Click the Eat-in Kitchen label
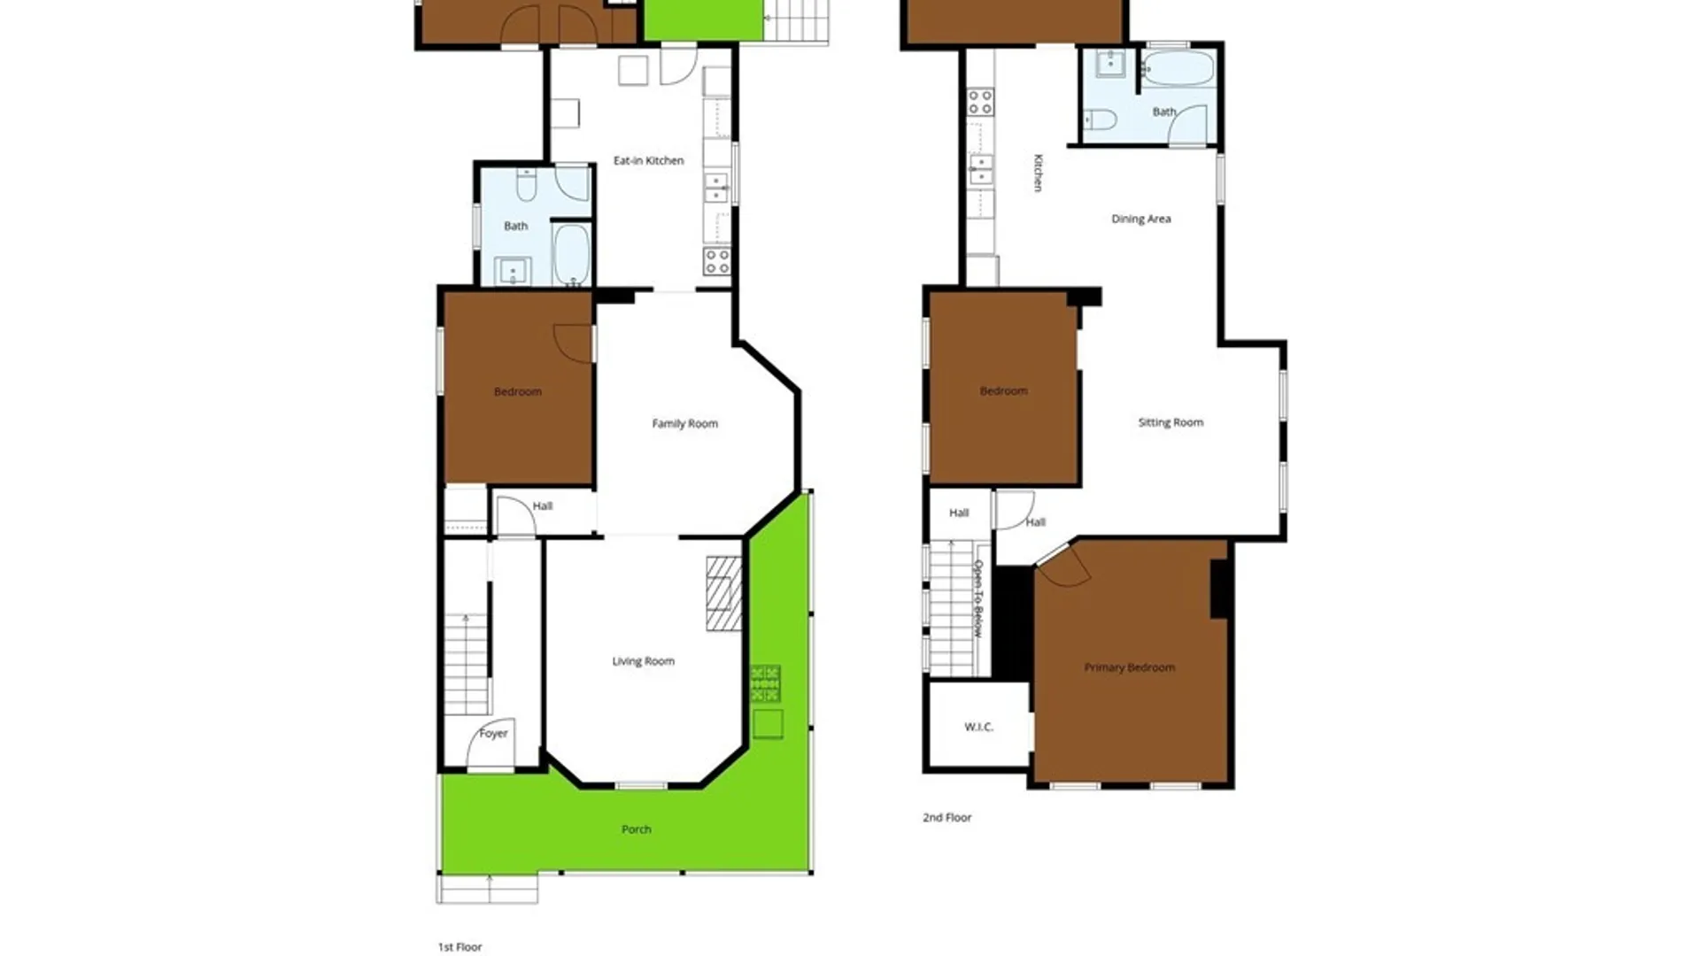point(648,160)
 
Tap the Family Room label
point(684,423)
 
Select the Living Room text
point(643,661)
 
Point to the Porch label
point(636,829)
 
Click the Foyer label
point(493,733)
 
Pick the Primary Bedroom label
point(1129,667)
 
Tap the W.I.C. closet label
point(978,727)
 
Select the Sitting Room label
point(1171,422)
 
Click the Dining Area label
point(1140,219)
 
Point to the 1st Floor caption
point(460,947)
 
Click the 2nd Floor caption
point(947,818)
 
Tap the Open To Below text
point(978,598)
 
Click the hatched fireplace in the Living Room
point(723,593)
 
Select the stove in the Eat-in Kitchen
point(716,261)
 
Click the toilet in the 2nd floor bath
point(1099,119)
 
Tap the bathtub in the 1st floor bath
point(571,254)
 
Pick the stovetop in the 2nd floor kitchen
point(980,102)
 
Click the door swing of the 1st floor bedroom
point(574,343)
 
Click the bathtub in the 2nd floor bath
point(1177,68)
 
